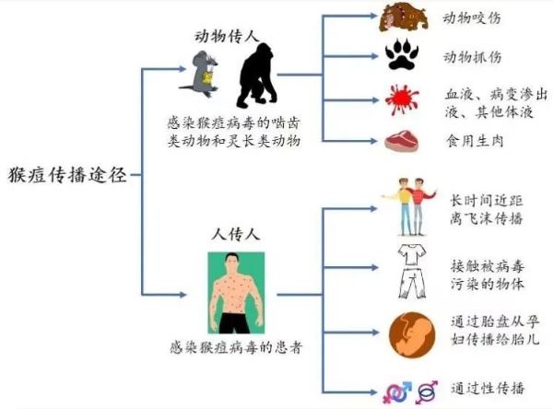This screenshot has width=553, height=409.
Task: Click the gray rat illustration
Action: coord(206,72)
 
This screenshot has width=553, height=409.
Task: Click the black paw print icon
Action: coord(404,56)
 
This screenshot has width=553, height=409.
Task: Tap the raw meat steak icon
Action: coord(403,141)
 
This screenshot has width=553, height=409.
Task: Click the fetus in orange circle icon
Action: coord(409,333)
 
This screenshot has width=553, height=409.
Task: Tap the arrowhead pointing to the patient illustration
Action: coord(194,294)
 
